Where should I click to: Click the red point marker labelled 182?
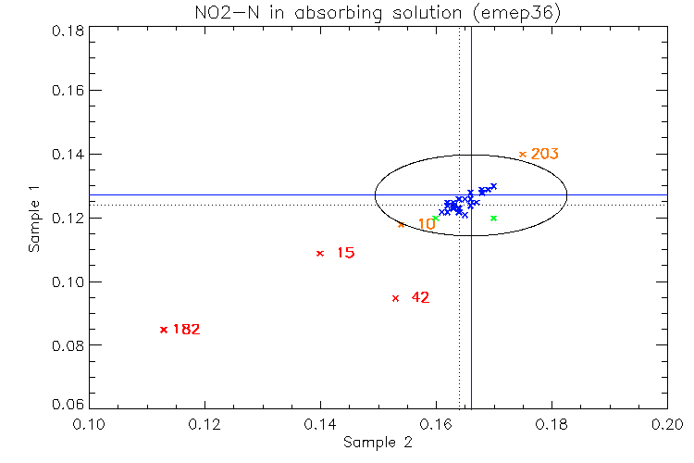tap(164, 330)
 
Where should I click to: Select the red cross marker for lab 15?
tap(320, 253)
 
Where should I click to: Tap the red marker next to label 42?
tap(395, 298)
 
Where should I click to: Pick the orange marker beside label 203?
tap(523, 154)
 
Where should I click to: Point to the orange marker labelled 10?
tap(402, 224)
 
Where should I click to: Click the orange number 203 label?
tap(545, 154)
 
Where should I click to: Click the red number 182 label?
tap(186, 329)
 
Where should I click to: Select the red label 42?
tap(420, 297)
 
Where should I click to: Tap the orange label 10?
tap(427, 224)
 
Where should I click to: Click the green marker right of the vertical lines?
tap(494, 219)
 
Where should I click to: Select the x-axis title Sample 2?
tap(378, 443)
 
